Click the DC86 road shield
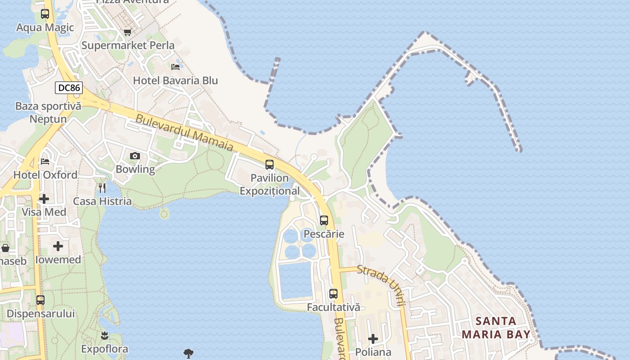click(x=69, y=88)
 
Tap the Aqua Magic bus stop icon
click(x=45, y=14)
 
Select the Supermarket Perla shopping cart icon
click(x=127, y=32)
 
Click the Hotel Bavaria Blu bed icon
click(x=175, y=67)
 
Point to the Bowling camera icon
click(x=135, y=156)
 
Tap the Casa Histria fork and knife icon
click(x=102, y=188)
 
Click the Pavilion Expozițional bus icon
click(x=270, y=165)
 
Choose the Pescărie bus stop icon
click(x=324, y=220)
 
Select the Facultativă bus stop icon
click(x=333, y=294)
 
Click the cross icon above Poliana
click(x=373, y=338)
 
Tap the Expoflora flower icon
click(x=105, y=335)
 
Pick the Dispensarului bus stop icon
click(x=40, y=300)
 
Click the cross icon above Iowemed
click(x=58, y=246)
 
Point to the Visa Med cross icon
click(x=44, y=198)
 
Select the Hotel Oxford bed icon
click(x=45, y=161)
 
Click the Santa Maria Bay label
click(x=496, y=328)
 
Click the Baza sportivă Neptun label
click(x=48, y=112)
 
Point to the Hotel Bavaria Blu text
click(x=175, y=81)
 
